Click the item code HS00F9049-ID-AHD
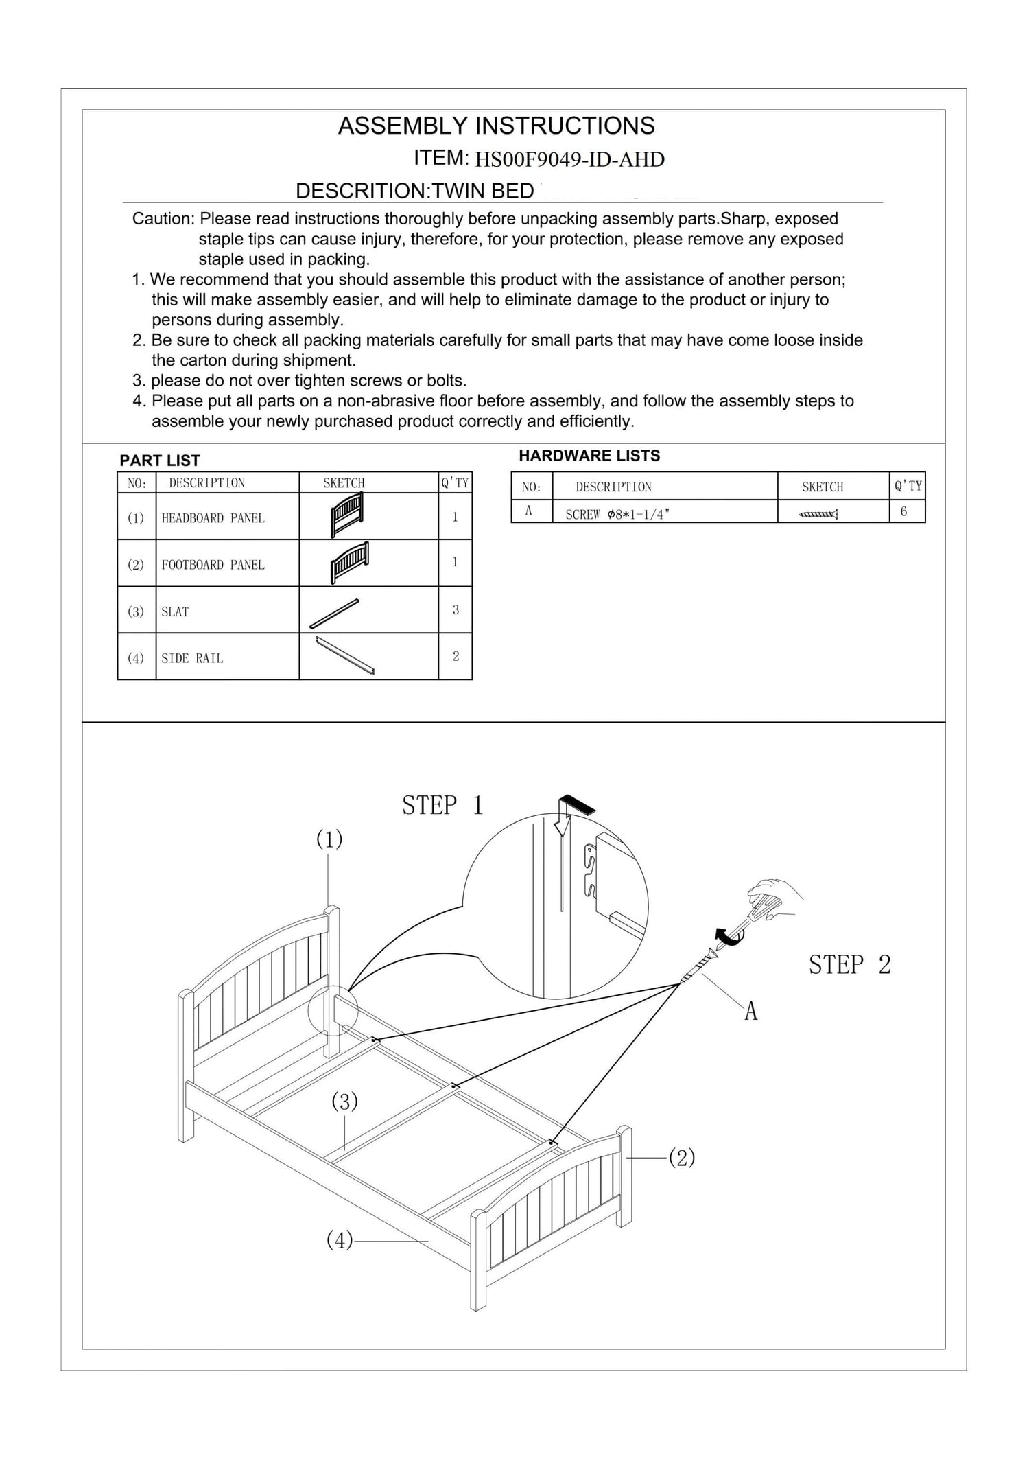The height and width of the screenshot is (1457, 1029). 569,160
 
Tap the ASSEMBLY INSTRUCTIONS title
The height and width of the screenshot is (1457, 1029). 496,126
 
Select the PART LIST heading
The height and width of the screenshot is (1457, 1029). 160,461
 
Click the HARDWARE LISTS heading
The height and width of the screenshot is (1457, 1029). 589,456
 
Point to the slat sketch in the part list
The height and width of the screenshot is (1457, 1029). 334,613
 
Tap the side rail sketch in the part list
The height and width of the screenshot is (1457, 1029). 345,656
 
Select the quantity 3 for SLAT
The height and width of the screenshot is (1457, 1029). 456,609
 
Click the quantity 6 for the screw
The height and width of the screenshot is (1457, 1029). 903,511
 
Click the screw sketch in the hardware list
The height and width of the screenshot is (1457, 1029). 819,513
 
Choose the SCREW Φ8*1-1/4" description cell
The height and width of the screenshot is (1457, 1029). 616,515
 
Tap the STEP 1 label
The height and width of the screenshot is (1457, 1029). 442,806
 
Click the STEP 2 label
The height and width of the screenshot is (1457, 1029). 849,965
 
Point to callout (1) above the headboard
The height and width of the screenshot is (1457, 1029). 329,839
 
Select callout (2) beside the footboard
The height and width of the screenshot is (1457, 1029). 681,1158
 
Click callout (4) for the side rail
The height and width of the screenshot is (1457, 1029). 340,1240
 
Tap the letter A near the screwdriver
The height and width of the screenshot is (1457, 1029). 750,1012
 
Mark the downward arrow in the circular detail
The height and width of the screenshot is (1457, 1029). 563,817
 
